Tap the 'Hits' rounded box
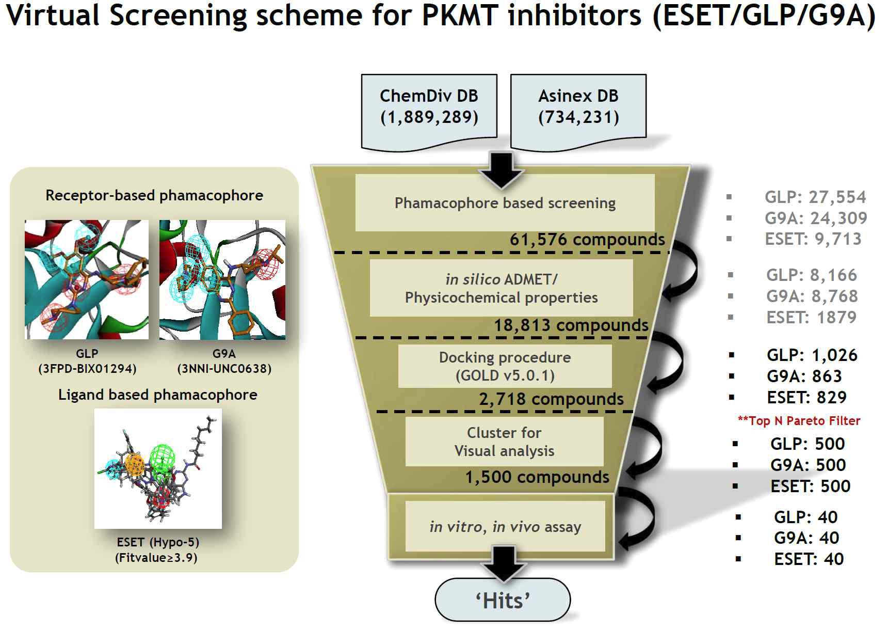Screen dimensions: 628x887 point(503,601)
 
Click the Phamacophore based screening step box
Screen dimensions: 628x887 point(505,203)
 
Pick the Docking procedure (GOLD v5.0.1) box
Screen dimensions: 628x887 point(505,366)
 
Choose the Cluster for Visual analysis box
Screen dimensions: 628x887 point(504,442)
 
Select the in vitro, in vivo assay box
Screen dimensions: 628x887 point(505,527)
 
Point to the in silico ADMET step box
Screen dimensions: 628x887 point(501,288)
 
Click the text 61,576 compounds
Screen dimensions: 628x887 point(587,240)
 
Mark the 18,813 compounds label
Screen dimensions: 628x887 point(571,325)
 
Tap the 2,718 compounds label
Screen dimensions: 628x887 point(551,399)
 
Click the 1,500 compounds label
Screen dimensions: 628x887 point(537,477)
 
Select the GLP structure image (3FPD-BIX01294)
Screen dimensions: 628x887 point(87,279)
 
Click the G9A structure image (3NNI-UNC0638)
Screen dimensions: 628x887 point(222,279)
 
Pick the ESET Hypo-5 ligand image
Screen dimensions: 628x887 point(158,468)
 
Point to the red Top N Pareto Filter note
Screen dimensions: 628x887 point(799,421)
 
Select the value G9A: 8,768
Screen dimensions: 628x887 point(812,296)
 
